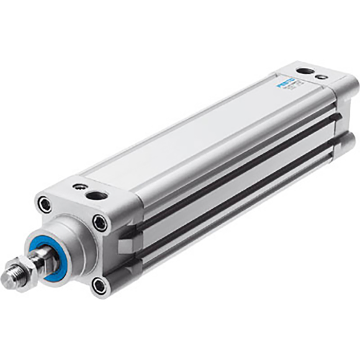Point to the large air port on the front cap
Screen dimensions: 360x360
97,195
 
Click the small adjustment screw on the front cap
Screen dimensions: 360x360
78,186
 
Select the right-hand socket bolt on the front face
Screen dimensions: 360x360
100,223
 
